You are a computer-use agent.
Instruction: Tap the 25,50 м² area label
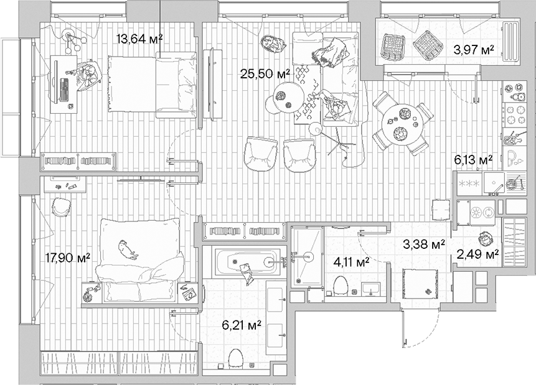click(x=265, y=73)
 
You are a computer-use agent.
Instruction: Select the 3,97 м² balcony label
click(x=474, y=50)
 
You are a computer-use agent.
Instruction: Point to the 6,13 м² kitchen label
click(x=473, y=160)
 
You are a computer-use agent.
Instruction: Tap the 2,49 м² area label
click(x=478, y=254)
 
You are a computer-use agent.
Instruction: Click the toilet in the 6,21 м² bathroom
click(x=235, y=359)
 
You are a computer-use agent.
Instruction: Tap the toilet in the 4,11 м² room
click(x=340, y=285)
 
